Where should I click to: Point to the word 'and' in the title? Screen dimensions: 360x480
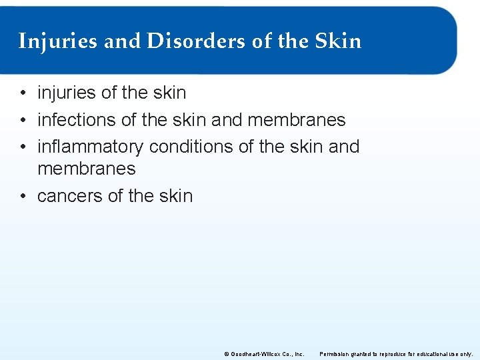123,41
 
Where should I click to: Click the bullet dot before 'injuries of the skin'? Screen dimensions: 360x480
23,93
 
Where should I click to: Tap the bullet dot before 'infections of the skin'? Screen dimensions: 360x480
23,120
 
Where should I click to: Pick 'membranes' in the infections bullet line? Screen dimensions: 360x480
297,120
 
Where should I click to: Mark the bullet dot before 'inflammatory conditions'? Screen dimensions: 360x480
23,147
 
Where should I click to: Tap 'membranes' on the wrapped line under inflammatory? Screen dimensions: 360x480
87,169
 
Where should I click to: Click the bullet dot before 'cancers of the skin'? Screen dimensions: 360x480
23,196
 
